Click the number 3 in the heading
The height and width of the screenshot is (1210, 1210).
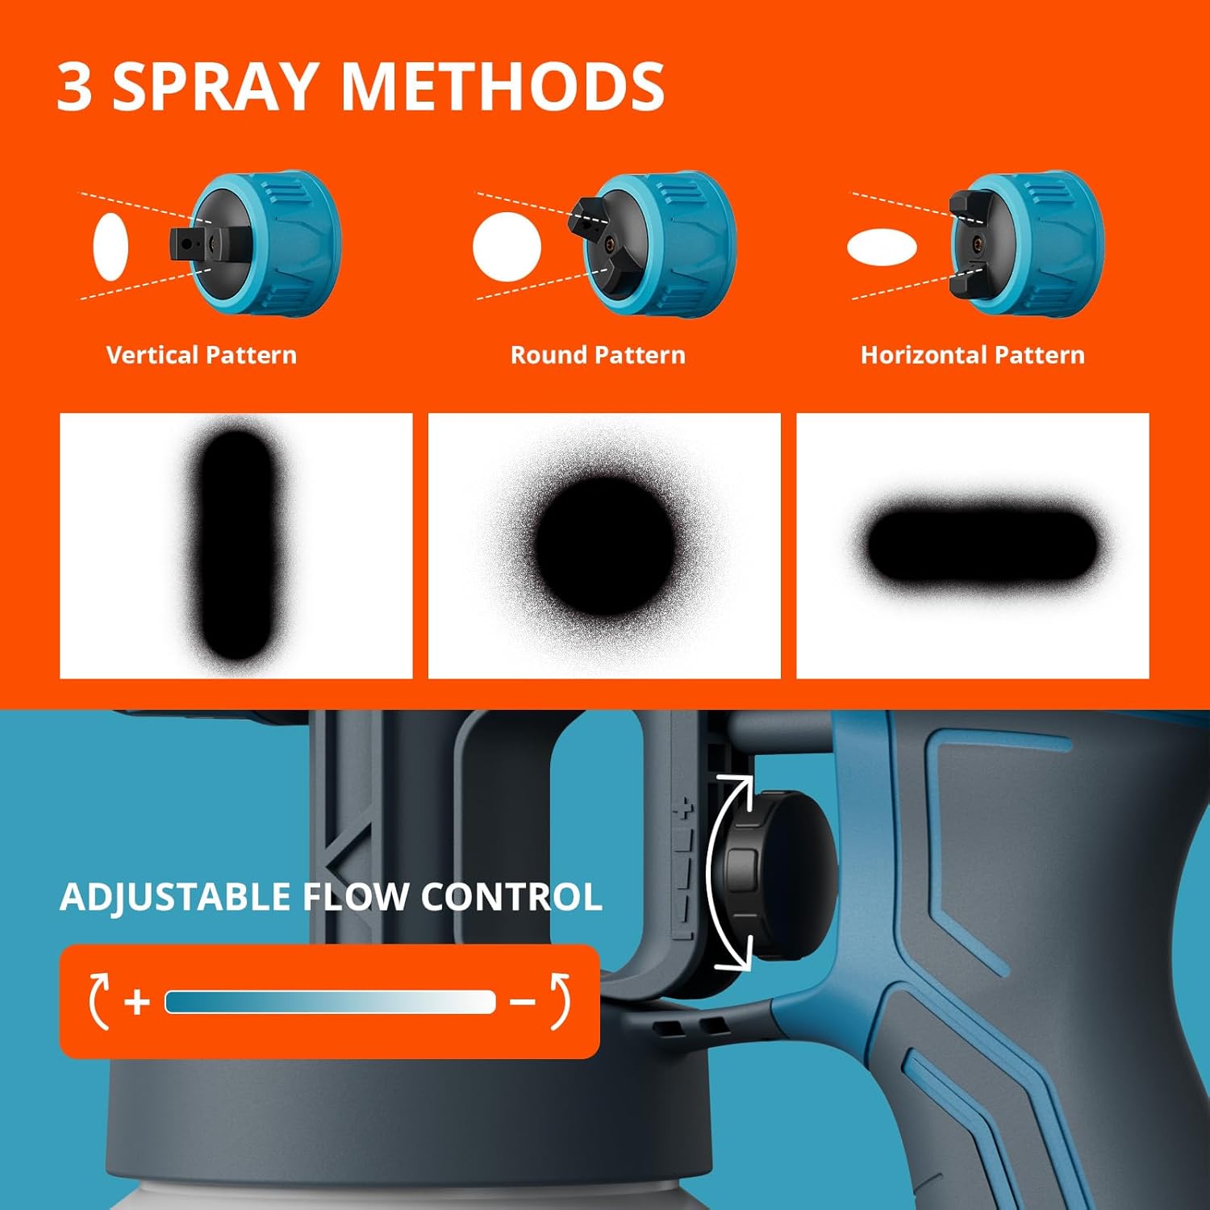pos(75,86)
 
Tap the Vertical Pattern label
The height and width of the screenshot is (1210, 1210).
pos(202,355)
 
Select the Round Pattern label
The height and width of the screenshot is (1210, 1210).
pos(598,355)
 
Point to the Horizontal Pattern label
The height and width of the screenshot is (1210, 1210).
pos(972,355)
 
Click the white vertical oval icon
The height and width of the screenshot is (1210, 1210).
pos(111,247)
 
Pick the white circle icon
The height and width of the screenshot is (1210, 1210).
pos(507,247)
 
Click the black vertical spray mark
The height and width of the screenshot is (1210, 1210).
pos(236,544)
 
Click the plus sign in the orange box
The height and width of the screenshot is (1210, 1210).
pos(137,1002)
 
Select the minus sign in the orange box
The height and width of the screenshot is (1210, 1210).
pos(523,1003)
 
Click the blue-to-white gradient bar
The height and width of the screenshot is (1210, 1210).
pos(330,1002)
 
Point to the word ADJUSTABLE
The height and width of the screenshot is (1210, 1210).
pos(176,897)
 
